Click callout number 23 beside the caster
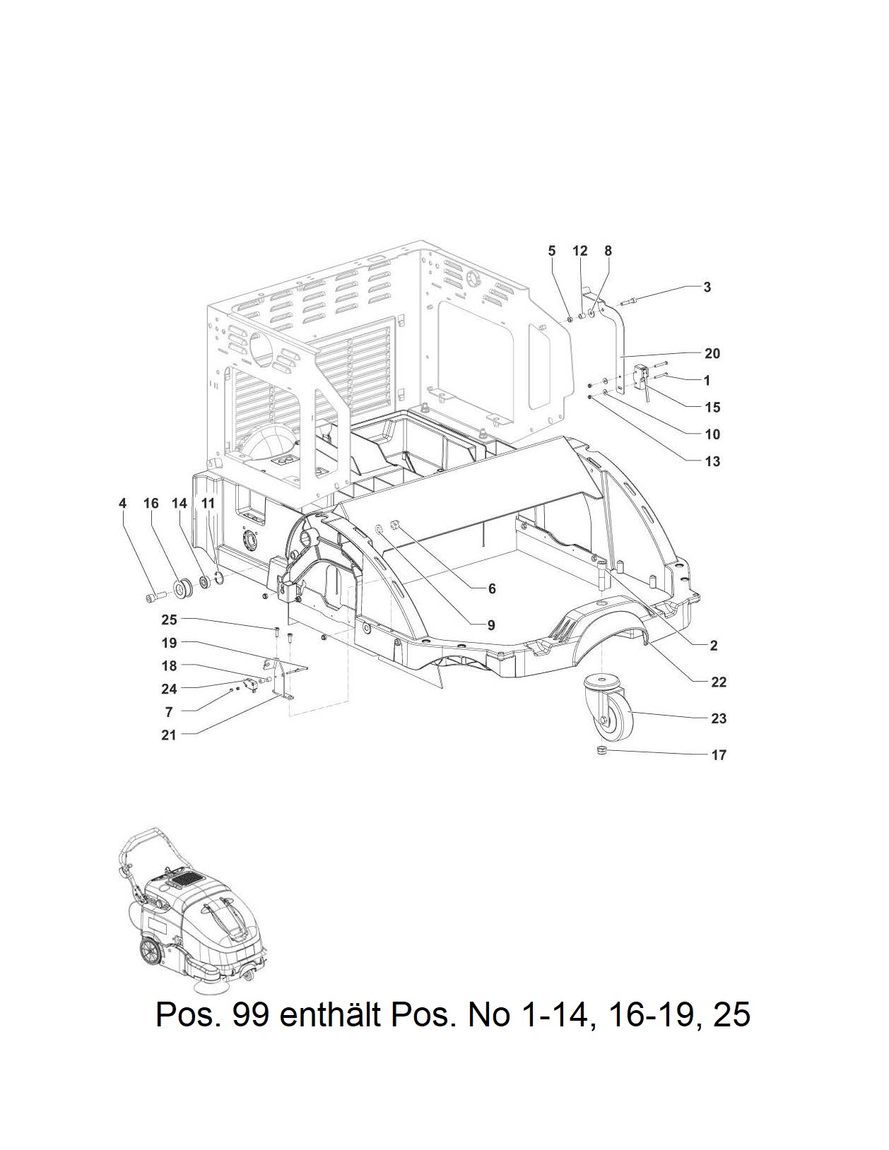tap(718, 718)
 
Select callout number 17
tap(718, 754)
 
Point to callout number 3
tap(707, 287)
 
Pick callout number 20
tap(712, 353)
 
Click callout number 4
tap(123, 503)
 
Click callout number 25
tap(169, 620)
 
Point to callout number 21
tap(169, 735)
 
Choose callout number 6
tap(492, 588)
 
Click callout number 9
tap(491, 625)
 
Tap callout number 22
tap(718, 682)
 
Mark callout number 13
tap(712, 461)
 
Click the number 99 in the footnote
tap(250, 1015)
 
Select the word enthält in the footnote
tap(331, 1014)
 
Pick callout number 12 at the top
tap(579, 251)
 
